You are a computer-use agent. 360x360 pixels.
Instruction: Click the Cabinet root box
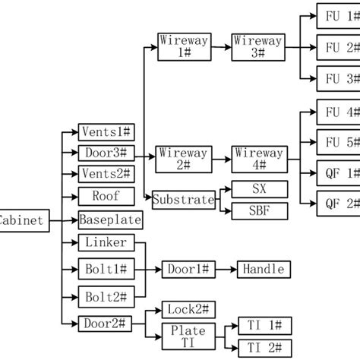pyautogui.click(x=23, y=222)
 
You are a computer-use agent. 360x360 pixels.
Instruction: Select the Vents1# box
pyautogui.click(x=106, y=131)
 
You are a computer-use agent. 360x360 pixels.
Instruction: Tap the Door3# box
pyautogui.click(x=106, y=153)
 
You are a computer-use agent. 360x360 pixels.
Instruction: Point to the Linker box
pyautogui.click(x=106, y=243)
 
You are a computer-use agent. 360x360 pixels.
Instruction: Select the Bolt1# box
pyautogui.click(x=106, y=269)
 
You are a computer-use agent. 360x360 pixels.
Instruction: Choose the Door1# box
pyautogui.click(x=187, y=269)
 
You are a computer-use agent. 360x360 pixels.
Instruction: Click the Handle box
pyautogui.click(x=263, y=269)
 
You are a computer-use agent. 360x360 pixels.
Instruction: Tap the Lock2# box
pyautogui.click(x=187, y=309)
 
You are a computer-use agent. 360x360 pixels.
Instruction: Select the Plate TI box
pyautogui.click(x=187, y=335)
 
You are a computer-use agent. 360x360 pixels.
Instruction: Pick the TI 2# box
pyautogui.click(x=263, y=348)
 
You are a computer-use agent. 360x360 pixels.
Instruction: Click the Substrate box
pyautogui.click(x=183, y=201)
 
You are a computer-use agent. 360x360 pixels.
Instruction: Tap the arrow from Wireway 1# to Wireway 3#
pyautogui.click(x=221, y=46)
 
